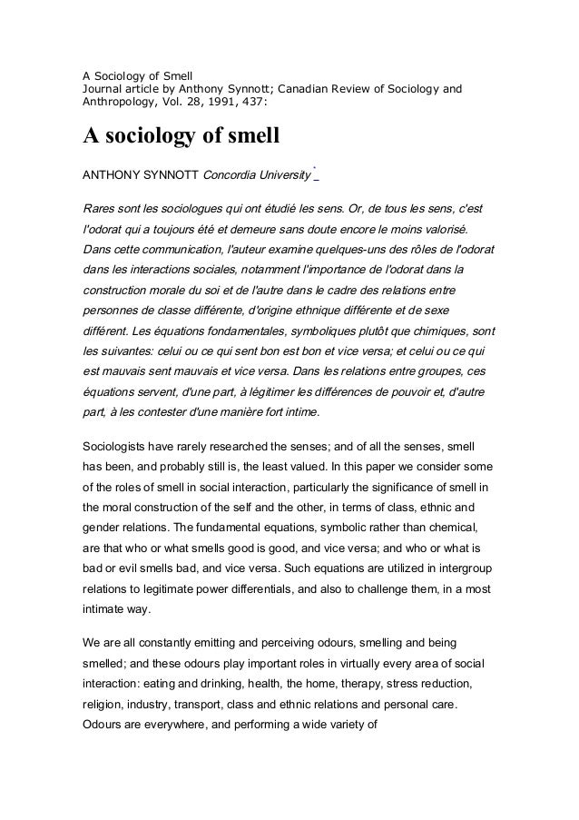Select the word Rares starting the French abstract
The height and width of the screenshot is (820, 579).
click(101, 206)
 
